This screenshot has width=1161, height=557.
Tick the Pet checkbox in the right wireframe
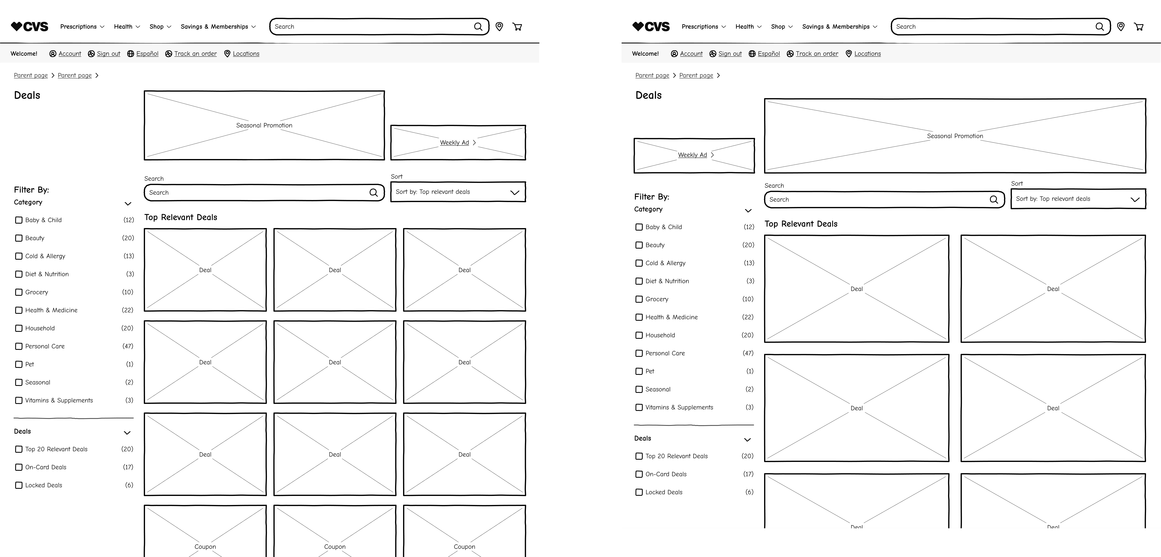[639, 372]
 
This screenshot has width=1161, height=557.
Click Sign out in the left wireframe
[108, 53]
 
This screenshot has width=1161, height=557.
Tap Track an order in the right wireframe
[817, 53]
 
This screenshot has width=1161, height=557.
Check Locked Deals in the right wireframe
[639, 492]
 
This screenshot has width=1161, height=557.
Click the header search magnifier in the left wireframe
[478, 27]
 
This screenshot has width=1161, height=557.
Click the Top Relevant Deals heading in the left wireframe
[181, 217]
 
